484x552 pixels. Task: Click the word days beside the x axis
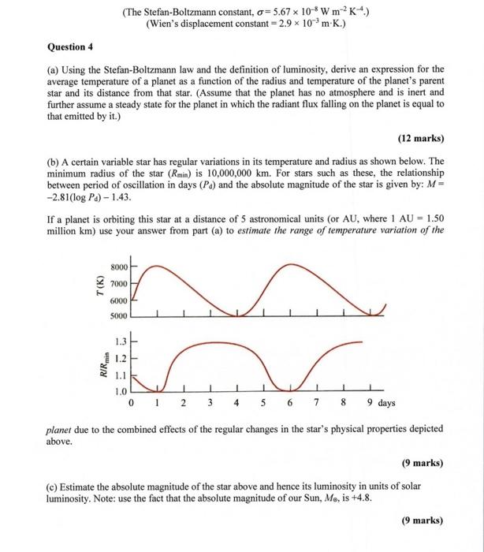coord(386,403)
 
